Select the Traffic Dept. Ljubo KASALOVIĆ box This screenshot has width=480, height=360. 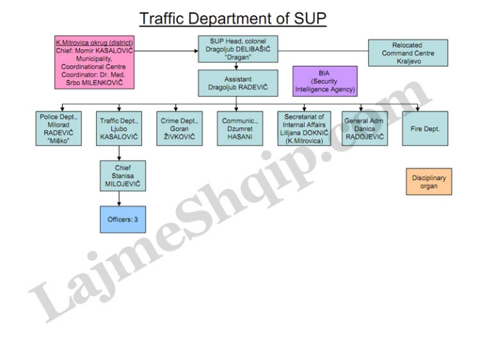[120, 127]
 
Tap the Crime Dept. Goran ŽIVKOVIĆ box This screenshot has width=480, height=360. [179, 127]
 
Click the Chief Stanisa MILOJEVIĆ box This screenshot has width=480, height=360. [120, 175]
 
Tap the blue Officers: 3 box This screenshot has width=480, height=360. [120, 219]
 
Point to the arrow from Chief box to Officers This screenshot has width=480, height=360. [120, 198]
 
